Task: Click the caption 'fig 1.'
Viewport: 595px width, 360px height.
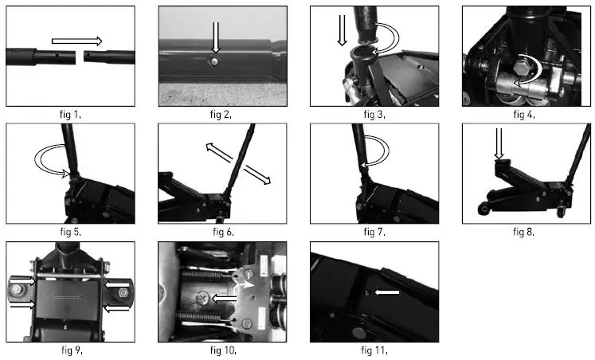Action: click(69, 115)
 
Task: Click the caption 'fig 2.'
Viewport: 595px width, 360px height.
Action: click(221, 115)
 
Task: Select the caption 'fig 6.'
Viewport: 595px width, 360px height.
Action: click(223, 232)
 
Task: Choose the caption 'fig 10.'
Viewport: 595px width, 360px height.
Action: click(222, 349)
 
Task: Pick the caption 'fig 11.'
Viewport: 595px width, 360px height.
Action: click(374, 349)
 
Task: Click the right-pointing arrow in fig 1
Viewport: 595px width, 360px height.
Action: click(77, 41)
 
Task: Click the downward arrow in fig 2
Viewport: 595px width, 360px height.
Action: click(215, 39)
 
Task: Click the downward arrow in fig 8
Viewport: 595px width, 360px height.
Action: click(500, 143)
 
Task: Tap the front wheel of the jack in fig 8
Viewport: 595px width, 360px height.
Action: click(483, 209)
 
